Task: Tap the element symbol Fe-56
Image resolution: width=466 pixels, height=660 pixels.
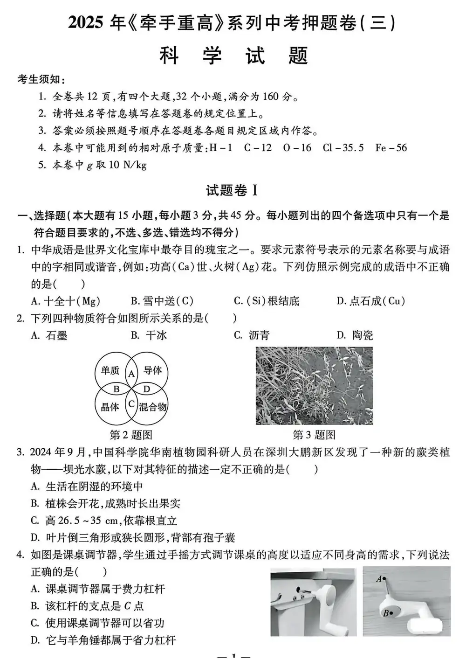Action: [x=391, y=148]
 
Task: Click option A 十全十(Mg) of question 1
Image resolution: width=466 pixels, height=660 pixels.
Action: [x=65, y=301]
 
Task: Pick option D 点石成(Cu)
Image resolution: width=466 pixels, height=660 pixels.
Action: [x=370, y=301]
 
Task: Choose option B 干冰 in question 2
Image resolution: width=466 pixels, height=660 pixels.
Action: [x=149, y=335]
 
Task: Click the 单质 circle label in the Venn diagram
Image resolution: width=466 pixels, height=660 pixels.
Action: [x=110, y=370]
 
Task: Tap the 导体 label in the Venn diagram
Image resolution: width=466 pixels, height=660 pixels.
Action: [x=152, y=370]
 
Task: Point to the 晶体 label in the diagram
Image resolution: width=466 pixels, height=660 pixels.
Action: [x=110, y=407]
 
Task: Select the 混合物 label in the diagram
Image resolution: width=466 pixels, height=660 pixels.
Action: [x=153, y=407]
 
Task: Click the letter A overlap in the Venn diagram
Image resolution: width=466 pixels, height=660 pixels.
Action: [x=131, y=373]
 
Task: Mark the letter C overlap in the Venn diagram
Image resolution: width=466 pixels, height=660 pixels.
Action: [x=131, y=403]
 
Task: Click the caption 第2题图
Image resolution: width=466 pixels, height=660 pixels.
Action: [x=131, y=435]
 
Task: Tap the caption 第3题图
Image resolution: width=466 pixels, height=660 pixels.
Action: [x=314, y=435]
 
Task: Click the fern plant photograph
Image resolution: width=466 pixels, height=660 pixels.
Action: [x=314, y=386]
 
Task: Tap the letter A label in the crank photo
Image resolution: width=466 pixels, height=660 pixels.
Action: [x=379, y=579]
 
